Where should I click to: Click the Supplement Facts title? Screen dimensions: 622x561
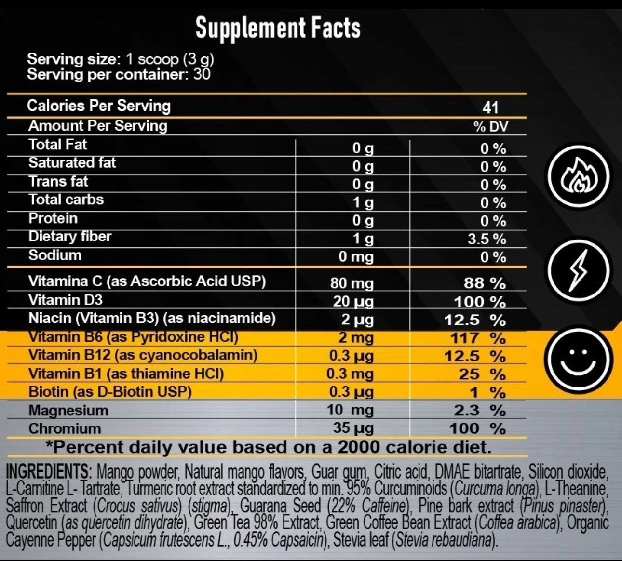coord(278,28)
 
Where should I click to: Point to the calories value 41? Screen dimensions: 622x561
coord(490,108)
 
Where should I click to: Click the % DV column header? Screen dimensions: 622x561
coord(491,126)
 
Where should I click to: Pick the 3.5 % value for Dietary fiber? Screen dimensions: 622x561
coord(487,239)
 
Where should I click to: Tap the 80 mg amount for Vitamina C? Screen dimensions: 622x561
coord(352,283)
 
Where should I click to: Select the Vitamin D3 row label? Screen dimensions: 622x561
coord(66,300)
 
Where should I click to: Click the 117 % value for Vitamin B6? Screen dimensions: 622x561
coord(478,338)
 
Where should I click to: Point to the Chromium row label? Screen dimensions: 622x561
coord(65,428)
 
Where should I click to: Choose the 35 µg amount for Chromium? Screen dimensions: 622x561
coord(353,428)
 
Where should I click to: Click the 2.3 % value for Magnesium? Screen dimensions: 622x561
coord(480,410)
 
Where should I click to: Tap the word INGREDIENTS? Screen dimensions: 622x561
coord(47,472)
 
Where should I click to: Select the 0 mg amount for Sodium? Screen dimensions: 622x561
coord(356,257)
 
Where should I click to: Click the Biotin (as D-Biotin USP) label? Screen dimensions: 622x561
coord(110,392)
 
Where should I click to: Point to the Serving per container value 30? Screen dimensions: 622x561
coord(202,74)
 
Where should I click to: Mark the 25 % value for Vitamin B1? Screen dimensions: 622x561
coord(482,374)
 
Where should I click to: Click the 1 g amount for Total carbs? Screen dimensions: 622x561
coord(363,203)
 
